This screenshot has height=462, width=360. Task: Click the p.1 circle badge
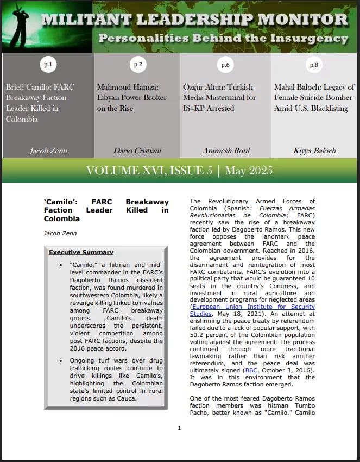(x=48, y=65)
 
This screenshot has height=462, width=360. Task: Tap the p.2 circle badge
(x=137, y=65)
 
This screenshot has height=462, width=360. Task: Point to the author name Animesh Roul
(x=225, y=151)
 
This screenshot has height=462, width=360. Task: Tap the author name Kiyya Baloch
(x=314, y=151)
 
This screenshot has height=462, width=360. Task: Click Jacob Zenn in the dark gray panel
(x=48, y=151)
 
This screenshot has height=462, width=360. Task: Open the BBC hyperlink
(x=251, y=370)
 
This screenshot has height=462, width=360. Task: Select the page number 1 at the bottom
(x=179, y=428)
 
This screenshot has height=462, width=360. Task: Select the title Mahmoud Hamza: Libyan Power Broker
(x=131, y=97)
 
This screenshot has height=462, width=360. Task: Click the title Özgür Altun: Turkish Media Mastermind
(x=219, y=97)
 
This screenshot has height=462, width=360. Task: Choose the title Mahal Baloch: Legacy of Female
(x=314, y=97)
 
